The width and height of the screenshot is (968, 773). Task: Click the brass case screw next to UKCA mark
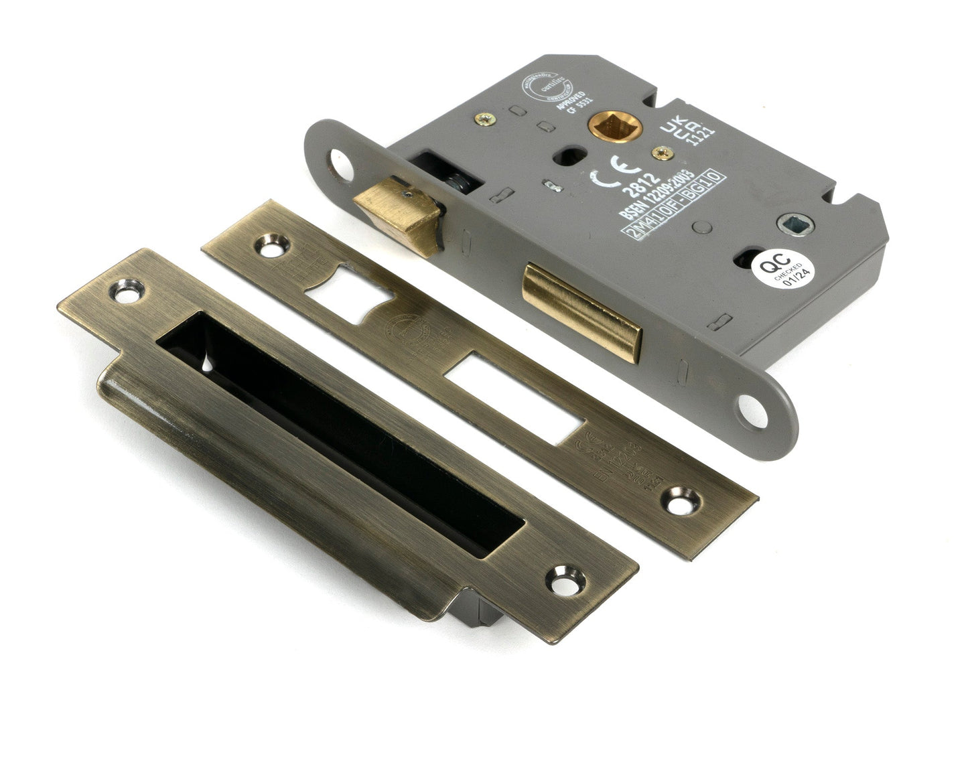point(665,152)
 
